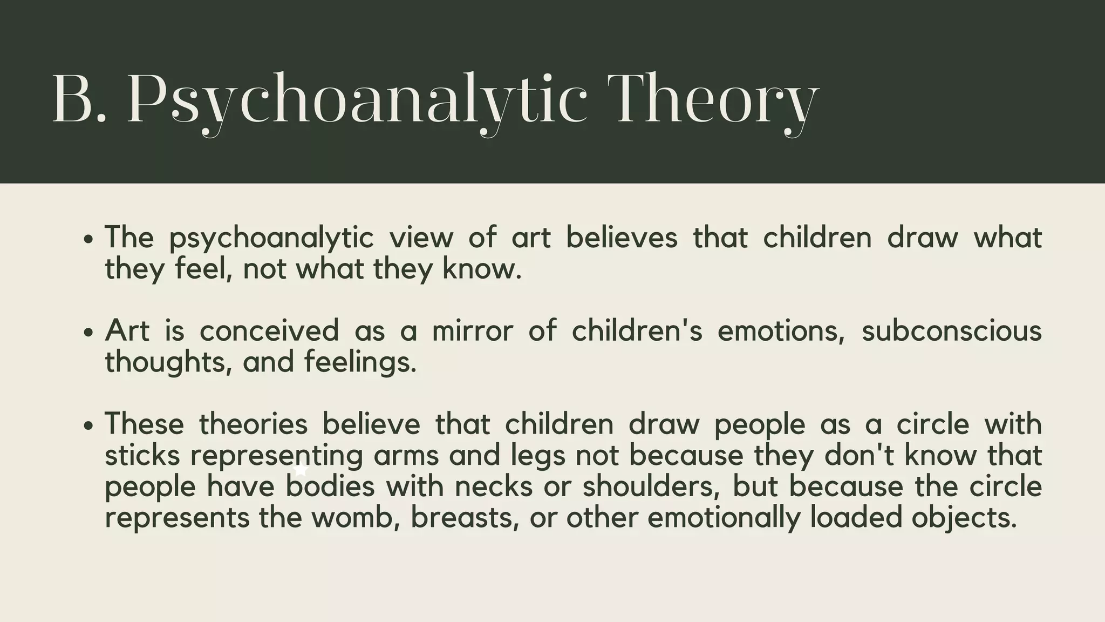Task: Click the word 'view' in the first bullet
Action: pos(421,238)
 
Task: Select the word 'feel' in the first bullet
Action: pos(201,268)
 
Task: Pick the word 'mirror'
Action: pos(472,330)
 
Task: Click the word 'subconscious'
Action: pos(951,330)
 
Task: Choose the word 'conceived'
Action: pos(269,330)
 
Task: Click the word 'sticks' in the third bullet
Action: pos(142,455)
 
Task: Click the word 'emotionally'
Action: pos(724,517)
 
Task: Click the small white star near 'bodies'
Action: pos(301,471)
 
